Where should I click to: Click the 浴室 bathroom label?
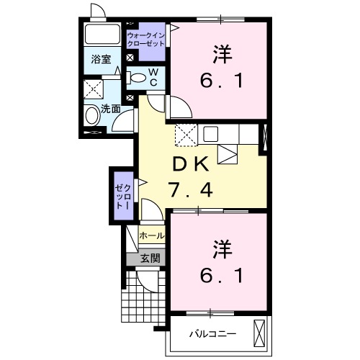tap(101, 59)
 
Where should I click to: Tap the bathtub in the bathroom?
tap(102, 34)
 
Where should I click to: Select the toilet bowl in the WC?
tap(136, 78)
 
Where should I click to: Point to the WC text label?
tap(153, 77)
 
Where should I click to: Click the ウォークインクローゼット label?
tap(146, 40)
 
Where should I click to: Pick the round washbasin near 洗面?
tap(93, 116)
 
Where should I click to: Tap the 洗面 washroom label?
tap(110, 109)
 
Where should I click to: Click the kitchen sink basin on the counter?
tap(211, 134)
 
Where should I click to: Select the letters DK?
tap(191, 164)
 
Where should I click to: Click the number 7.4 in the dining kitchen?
tap(191, 189)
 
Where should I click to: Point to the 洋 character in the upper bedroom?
tap(222, 54)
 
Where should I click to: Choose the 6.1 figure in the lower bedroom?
tap(222, 275)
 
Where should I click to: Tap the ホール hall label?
tap(152, 235)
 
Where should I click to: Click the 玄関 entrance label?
tap(150, 258)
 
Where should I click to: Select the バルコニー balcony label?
tap(213, 334)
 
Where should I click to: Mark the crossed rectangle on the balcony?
tap(259, 333)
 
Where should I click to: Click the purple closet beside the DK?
tap(124, 196)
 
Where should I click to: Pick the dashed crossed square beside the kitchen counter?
tap(186, 135)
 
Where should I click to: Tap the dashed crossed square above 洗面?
tap(94, 89)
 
